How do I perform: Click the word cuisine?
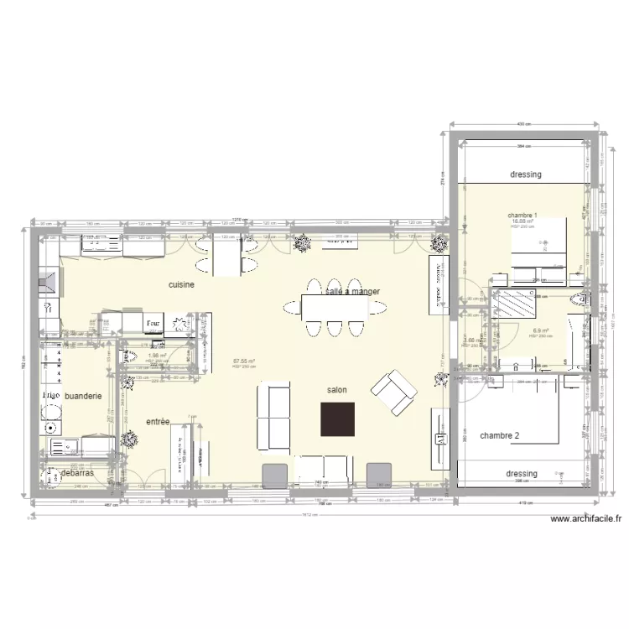182,285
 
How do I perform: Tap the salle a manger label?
352,292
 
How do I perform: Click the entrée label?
158,421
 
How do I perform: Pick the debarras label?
78,473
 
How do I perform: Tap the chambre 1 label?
522,216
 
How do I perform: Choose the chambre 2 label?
500,435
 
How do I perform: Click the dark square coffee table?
337,418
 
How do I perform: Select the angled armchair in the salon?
393,392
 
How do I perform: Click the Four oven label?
153,323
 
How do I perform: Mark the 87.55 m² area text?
244,362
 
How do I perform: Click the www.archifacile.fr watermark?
586,519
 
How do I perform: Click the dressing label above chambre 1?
526,174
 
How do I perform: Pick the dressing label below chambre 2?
522,474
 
